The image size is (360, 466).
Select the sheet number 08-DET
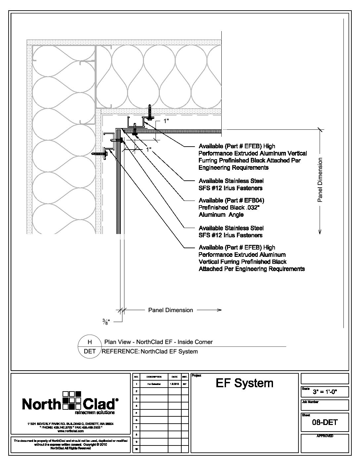click(x=325, y=422)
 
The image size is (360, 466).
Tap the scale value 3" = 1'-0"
click(x=325, y=393)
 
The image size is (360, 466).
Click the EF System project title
click(x=245, y=383)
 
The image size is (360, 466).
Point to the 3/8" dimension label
click(x=105, y=321)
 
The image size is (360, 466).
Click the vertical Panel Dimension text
click(x=320, y=180)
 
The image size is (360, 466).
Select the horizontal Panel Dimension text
click(x=170, y=310)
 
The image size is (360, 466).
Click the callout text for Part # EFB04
click(x=231, y=208)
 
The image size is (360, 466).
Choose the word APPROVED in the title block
click(x=325, y=436)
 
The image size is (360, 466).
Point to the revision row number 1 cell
click(x=136, y=384)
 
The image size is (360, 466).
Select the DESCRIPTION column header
click(x=154, y=377)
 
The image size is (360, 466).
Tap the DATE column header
click(x=174, y=377)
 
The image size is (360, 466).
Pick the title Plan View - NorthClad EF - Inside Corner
click(x=158, y=342)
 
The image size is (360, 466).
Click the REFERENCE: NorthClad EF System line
click(x=150, y=351)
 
